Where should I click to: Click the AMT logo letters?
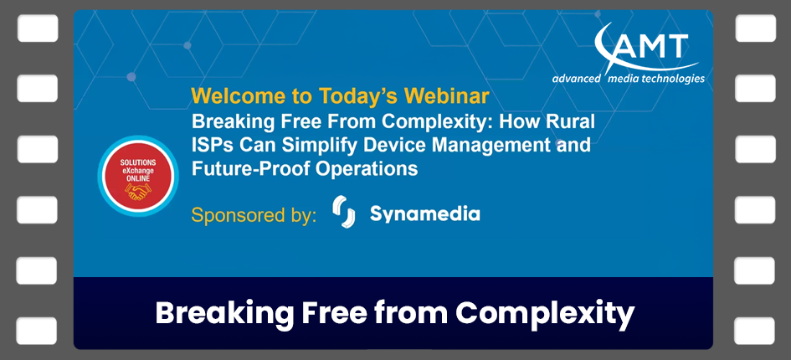pyautogui.click(x=650, y=46)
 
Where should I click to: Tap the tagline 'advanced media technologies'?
pyautogui.click(x=628, y=79)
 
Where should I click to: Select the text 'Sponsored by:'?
pyautogui.click(x=254, y=214)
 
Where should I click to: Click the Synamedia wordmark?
pyautogui.click(x=424, y=214)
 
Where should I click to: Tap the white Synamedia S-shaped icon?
pyautogui.click(x=343, y=213)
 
